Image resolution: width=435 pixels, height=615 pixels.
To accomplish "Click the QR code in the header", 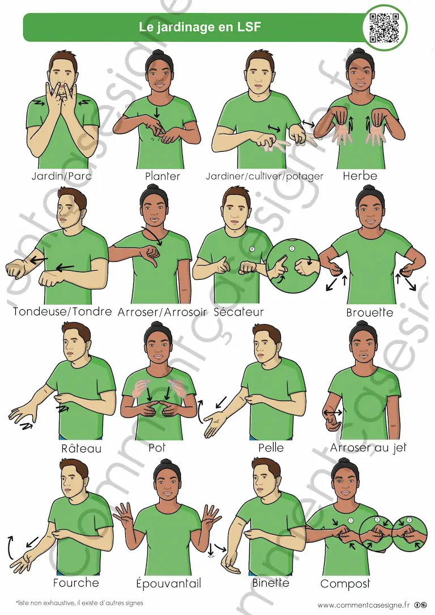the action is tap(384, 27).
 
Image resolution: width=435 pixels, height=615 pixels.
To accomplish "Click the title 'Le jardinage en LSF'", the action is tap(200, 27).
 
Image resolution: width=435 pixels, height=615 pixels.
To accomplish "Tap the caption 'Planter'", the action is tap(163, 176).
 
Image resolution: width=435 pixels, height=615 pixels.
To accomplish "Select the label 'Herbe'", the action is tap(360, 176).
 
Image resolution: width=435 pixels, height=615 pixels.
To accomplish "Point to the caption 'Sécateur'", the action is tap(238, 312).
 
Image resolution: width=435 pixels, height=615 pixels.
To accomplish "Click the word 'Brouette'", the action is tap(369, 313).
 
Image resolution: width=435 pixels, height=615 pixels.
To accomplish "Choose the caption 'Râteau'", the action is tap(81, 448).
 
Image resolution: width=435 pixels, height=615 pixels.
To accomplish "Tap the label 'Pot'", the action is tap(157, 447).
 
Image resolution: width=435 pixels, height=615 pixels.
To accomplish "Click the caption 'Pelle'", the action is tap(271, 447).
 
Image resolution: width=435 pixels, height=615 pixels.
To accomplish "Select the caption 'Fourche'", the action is tap(76, 583).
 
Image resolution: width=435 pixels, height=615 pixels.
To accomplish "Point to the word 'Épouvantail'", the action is tap(168, 583).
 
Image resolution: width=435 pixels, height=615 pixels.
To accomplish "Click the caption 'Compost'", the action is tap(345, 584).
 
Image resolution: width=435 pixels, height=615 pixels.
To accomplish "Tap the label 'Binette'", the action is tap(271, 583).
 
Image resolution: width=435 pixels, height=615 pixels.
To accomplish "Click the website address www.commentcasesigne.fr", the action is tap(363, 605).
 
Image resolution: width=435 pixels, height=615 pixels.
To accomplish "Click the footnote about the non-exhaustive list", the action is tap(80, 603).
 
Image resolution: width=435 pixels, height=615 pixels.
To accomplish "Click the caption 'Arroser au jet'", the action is tap(368, 447).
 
